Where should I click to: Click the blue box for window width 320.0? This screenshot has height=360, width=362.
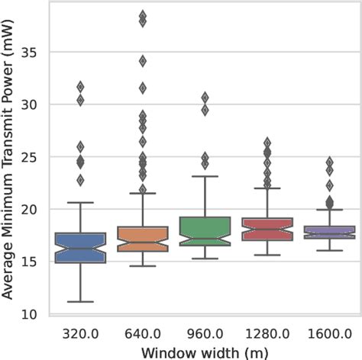click(80, 248)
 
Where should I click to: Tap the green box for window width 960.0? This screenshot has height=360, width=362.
click(205, 231)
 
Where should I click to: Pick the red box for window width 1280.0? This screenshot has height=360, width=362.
click(267, 229)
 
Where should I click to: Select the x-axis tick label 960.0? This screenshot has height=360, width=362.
click(205, 333)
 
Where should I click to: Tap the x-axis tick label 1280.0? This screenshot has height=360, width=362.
click(267, 333)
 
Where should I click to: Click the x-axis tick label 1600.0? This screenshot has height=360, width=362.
click(329, 333)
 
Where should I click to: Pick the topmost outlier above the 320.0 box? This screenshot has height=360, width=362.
click(80, 87)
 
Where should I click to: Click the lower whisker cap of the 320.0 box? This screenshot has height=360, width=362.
click(80, 301)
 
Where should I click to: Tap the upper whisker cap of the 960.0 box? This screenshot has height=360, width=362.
click(205, 176)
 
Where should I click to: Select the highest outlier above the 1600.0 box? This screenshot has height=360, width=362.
click(329, 162)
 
